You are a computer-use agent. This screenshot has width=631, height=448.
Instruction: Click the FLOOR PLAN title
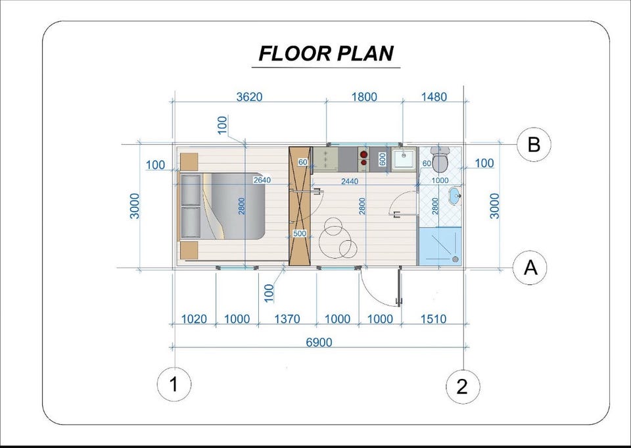326,53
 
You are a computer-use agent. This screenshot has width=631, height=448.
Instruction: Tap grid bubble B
534,144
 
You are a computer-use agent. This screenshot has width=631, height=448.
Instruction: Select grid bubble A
530,268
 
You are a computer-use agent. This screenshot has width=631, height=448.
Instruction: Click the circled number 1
174,384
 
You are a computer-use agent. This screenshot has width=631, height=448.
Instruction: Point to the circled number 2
463,387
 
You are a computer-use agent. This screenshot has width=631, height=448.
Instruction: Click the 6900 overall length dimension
319,342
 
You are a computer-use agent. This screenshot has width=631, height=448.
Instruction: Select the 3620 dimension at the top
249,97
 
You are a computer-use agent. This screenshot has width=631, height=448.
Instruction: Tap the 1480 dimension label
434,97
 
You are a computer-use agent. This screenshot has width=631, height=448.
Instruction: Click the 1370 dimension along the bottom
287,318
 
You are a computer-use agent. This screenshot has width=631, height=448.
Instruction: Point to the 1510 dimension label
433,318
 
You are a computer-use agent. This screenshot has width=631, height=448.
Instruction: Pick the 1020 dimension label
194,318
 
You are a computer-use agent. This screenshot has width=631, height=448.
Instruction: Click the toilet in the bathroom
440,159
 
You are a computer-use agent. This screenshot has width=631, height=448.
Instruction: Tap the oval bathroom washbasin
455,196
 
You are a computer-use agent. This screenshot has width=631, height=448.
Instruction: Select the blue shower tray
440,246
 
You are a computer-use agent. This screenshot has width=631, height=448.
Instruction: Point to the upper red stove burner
363,154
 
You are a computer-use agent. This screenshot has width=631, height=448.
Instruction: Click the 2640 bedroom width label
262,180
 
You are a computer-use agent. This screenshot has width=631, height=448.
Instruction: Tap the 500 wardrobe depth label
300,234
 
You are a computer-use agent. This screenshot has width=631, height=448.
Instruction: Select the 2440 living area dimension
350,182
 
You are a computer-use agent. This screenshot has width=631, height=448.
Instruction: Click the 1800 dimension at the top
364,97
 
